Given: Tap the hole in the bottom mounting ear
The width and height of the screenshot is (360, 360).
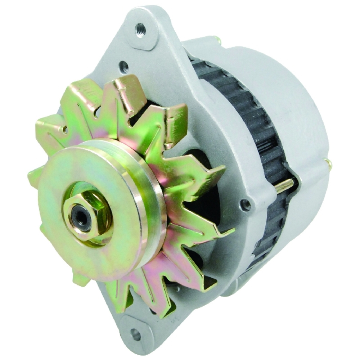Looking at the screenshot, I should point(136,334).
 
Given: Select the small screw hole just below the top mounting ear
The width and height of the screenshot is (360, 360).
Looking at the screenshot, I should point(124,67).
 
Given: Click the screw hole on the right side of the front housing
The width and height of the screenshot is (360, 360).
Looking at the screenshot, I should point(246,204).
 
